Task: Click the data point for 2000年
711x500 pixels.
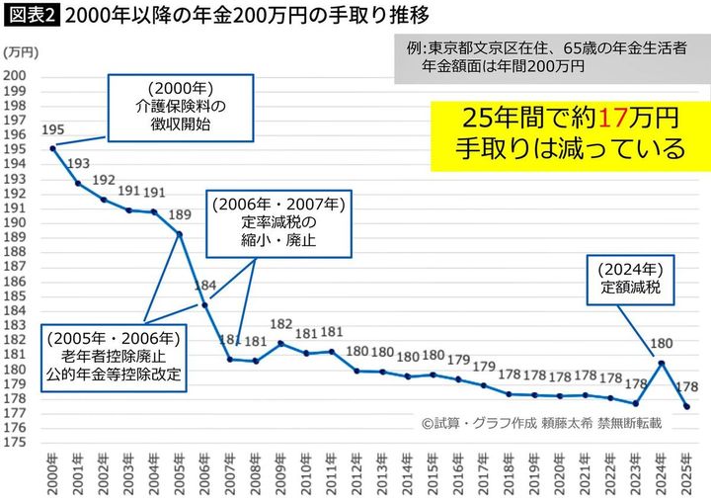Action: click(x=52, y=148)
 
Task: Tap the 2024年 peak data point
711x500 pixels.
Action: click(x=662, y=363)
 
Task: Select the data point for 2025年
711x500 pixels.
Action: click(x=686, y=407)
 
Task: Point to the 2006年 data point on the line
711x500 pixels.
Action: click(x=204, y=305)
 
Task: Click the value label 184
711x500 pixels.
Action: click(x=204, y=287)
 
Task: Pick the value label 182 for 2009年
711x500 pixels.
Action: click(x=280, y=324)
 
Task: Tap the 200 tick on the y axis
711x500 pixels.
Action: click(x=16, y=76)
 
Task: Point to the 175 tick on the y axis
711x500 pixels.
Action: click(x=16, y=444)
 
